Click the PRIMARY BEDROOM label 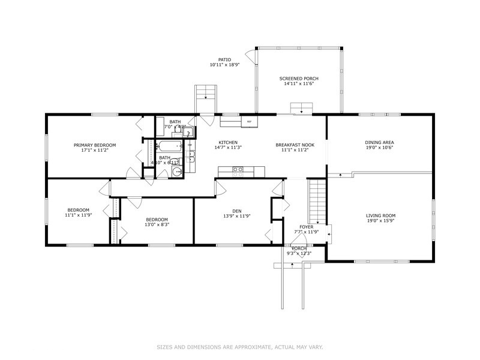click(95, 145)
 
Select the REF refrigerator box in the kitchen click(249, 122)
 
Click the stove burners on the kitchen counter click(238, 170)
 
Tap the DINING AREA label click(379, 142)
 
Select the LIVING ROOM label click(380, 215)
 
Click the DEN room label click(236, 211)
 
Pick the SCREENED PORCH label click(299, 79)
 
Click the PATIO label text click(224, 59)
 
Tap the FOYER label click(307, 227)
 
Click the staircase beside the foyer click(317, 201)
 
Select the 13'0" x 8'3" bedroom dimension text click(157, 224)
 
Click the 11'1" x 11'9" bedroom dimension click(78, 214)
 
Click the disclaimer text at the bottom click(239, 346)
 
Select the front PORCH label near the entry click(299, 248)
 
